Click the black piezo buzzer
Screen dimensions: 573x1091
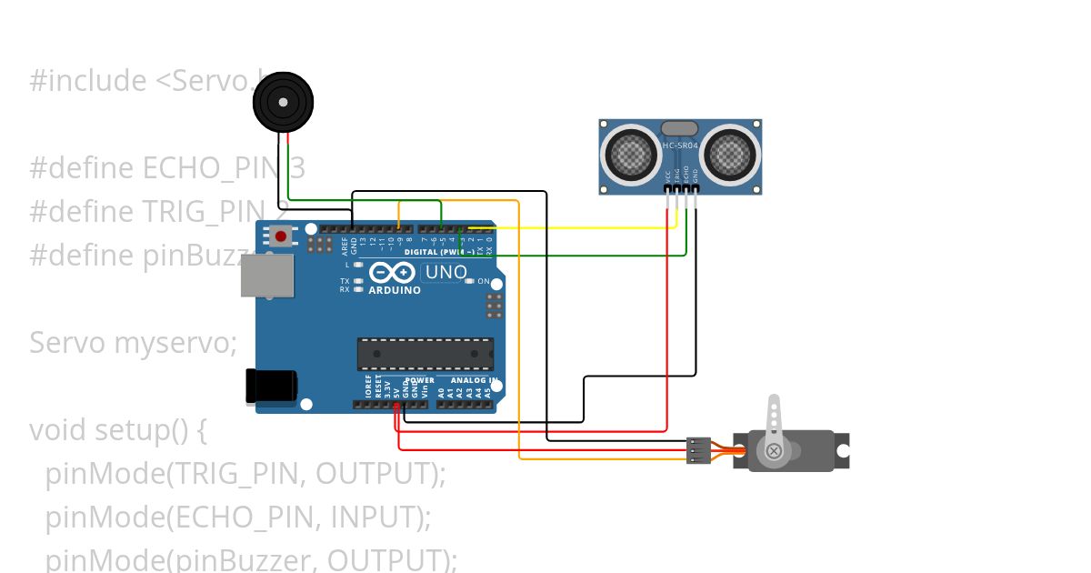pos(284,103)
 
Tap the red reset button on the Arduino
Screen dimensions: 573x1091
pos(281,236)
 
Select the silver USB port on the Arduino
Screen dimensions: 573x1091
pos(267,276)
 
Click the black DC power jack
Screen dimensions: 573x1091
pos(272,386)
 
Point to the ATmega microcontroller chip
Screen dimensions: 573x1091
pos(425,354)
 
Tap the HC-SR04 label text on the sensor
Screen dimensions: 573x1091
pos(680,146)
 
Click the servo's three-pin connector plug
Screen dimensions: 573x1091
pos(698,450)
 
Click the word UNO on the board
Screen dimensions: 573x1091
pos(446,272)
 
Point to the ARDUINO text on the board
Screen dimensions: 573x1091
pos(395,291)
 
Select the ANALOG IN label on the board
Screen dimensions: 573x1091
pos(474,380)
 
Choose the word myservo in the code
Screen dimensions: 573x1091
pos(175,343)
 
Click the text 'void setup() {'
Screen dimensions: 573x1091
pos(118,429)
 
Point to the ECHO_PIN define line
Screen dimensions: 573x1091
pos(167,168)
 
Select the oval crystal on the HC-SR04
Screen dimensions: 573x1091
pos(680,129)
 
